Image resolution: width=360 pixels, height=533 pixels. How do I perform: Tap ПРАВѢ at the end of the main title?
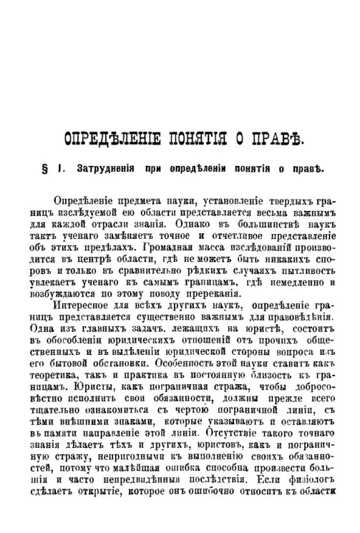pos(272,137)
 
